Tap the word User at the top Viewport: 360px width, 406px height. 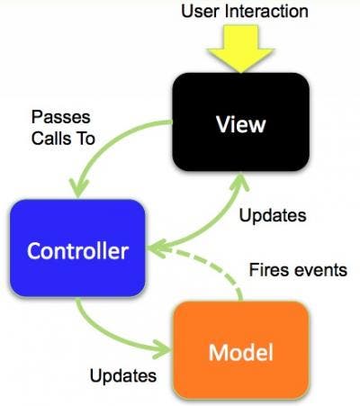coord(199,12)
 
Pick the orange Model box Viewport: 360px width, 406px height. coord(240,350)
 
